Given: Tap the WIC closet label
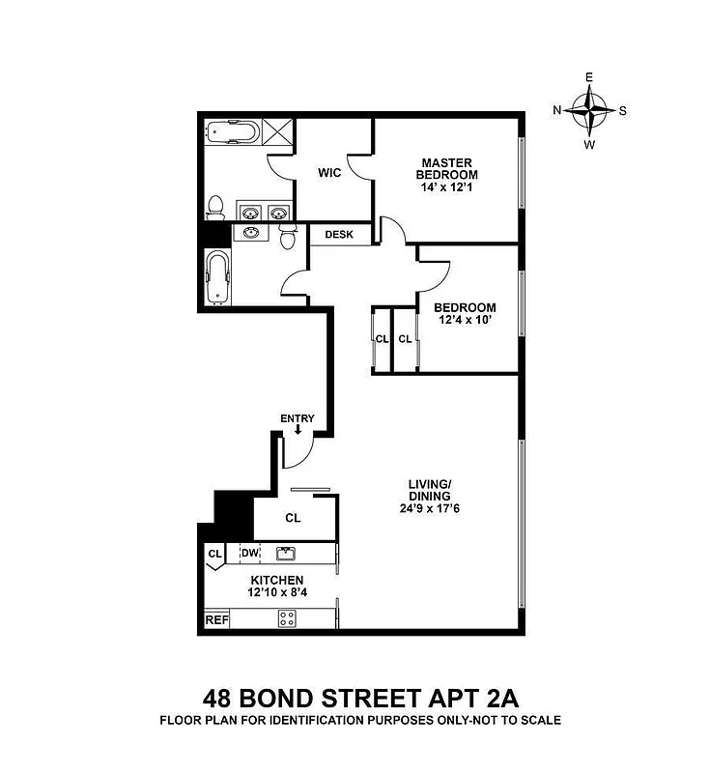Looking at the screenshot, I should tap(330, 173).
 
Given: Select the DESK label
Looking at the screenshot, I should tap(338, 235).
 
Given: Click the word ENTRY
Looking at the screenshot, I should tap(298, 417).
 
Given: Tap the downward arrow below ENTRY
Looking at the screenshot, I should tap(298, 430).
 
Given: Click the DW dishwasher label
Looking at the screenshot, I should tap(249, 553).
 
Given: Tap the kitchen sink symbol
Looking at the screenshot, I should tap(285, 553).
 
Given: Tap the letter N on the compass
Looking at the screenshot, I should tap(557, 110).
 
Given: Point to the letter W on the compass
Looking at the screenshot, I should tap(588, 144).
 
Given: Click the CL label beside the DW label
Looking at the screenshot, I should tap(214, 554).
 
